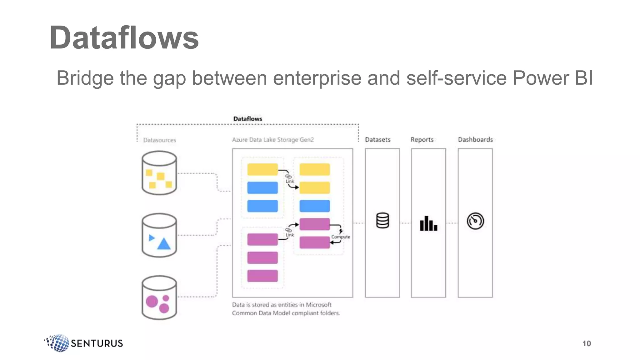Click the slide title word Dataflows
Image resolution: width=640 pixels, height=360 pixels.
coord(124,38)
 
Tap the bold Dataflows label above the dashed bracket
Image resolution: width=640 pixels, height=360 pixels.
coord(247,119)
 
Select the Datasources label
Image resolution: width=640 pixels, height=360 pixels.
coord(159,140)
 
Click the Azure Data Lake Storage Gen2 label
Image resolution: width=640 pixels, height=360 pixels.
coord(272,140)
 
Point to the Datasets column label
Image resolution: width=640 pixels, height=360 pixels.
coord(377,140)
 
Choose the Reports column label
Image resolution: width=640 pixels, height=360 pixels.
coord(422,140)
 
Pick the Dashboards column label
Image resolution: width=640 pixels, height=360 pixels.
coord(475,140)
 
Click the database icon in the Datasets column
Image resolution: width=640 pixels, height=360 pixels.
coord(382,221)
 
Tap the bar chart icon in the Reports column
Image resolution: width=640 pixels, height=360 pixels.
coord(428,223)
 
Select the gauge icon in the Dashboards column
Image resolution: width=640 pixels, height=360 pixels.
coord(475,221)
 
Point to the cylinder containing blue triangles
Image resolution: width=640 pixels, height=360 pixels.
coord(159,235)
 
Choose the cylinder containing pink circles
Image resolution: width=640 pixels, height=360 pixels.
coord(159,297)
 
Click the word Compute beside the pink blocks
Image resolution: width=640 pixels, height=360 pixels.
coord(341,237)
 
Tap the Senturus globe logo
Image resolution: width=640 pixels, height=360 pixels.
coord(57,343)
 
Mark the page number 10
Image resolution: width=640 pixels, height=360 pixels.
coord(586,343)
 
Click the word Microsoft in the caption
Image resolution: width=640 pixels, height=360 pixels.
coord(318,305)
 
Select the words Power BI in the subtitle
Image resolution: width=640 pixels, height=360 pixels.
coord(552,78)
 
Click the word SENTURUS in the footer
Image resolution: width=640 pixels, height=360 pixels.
coord(97,343)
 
